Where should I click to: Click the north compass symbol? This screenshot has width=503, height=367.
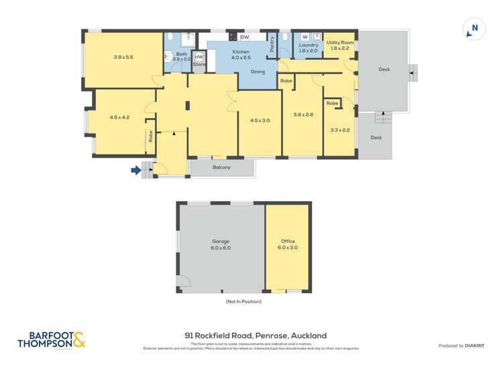(x=474, y=29)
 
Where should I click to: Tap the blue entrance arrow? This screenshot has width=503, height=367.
(x=135, y=170)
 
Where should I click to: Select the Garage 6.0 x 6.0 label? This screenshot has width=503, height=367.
(x=221, y=244)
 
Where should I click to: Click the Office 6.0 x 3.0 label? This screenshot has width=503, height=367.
(x=288, y=244)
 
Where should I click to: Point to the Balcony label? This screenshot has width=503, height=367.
(x=221, y=168)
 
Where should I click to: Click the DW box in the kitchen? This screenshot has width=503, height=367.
(x=245, y=37)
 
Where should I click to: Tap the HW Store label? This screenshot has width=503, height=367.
(x=199, y=61)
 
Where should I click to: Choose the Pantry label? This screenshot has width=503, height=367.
(x=272, y=44)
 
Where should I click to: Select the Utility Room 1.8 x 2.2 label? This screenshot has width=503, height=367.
(x=339, y=46)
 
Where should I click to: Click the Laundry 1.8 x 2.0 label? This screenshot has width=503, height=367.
(x=309, y=48)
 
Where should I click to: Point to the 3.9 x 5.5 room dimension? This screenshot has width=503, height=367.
(x=123, y=58)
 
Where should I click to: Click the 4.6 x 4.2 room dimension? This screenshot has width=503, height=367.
(x=119, y=117)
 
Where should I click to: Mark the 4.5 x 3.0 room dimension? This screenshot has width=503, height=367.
(x=260, y=121)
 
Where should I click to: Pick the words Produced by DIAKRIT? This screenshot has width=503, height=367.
(x=461, y=346)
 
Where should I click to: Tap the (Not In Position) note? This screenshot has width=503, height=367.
(x=243, y=302)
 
